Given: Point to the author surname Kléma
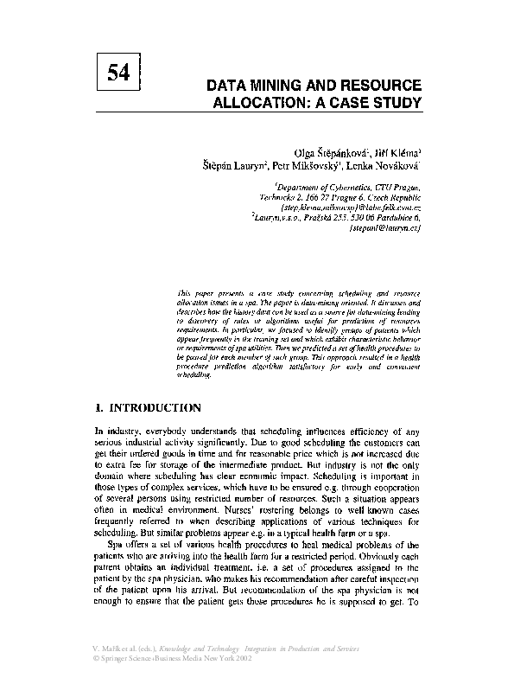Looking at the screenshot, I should coord(400,151).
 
